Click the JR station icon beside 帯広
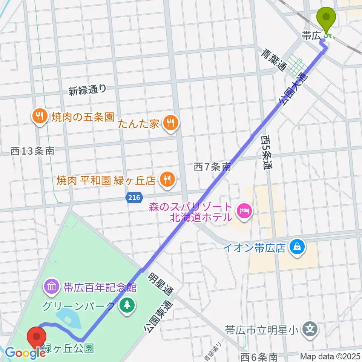pos(328,36)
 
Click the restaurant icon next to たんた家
pos(170,122)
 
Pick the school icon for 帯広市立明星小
pos(310,330)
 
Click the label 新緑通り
pos(87,90)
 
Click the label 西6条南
pos(259,356)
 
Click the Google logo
pos(25,353)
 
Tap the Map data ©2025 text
pos(330,356)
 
